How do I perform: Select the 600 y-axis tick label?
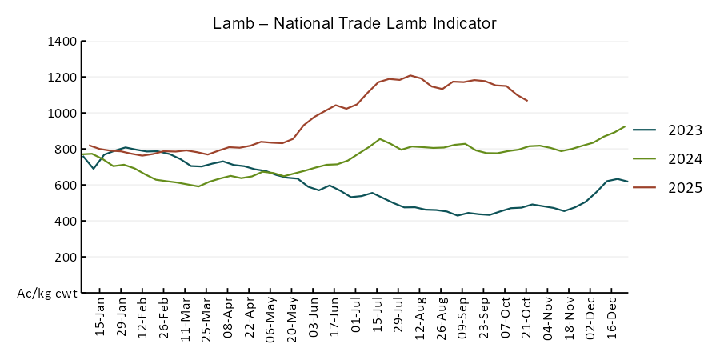tap(65, 185)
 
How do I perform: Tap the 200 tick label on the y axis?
tap(65, 257)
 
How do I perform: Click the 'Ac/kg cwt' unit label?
tap(47, 294)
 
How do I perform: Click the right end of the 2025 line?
tap(527, 101)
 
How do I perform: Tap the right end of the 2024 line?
tap(625, 126)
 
